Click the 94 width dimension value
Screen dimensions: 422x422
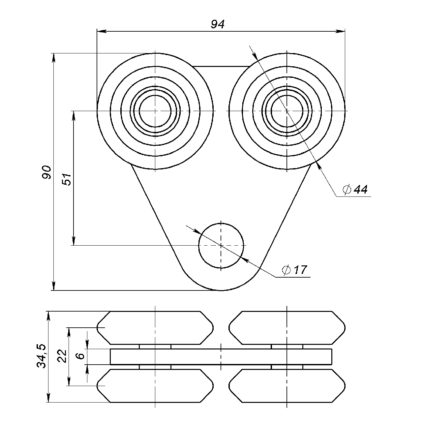pos(218,24)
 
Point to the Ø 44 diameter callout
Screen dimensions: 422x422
pos(355,190)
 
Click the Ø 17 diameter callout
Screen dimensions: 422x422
pos(295,270)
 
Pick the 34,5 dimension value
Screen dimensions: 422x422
pos(42,356)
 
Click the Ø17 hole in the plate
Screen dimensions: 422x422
pos(221,246)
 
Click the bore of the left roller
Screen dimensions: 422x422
pos(155,111)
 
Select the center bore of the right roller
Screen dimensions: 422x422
pos(287,111)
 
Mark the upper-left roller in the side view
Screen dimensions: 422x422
pos(155,328)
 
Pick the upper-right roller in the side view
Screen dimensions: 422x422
pos(287,328)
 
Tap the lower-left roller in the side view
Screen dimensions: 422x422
pos(155,385)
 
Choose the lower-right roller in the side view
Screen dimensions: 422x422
pos(287,385)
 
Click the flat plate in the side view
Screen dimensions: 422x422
pos(221,357)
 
